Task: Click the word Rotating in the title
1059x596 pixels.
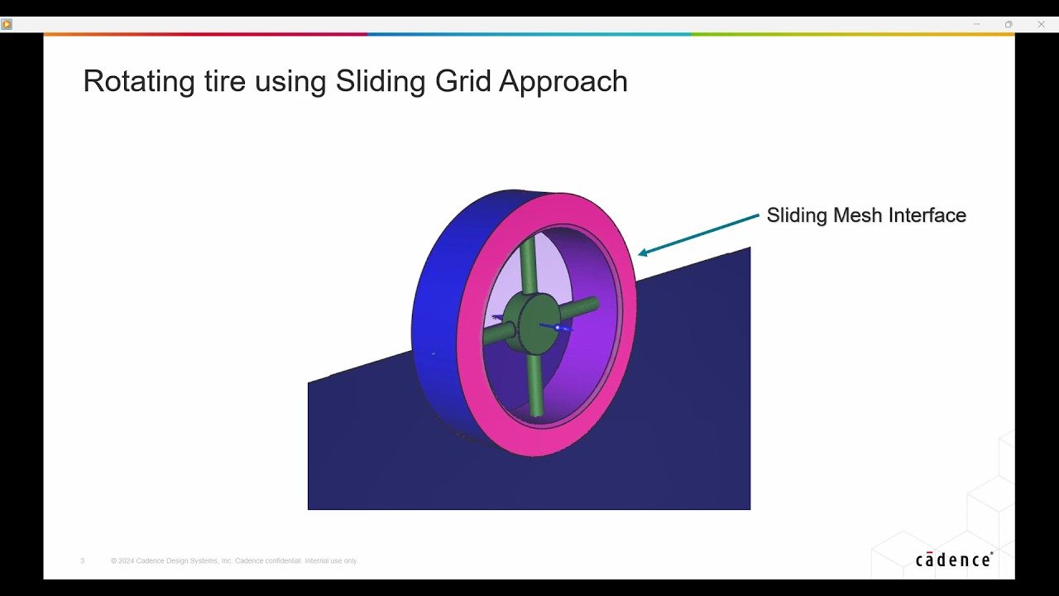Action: pos(139,82)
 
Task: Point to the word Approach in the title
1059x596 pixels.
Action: pos(563,82)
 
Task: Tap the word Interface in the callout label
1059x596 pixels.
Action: pos(927,215)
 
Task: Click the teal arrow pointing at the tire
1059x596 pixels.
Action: pos(699,235)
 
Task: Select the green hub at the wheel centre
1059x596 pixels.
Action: pos(531,324)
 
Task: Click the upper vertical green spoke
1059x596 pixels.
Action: pos(528,265)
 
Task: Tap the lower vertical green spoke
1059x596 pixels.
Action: pos(534,385)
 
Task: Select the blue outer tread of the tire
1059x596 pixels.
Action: pos(442,312)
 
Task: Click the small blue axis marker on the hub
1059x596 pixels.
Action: pos(557,327)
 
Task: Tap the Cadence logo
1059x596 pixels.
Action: pos(954,560)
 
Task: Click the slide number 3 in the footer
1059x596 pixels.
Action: pos(82,561)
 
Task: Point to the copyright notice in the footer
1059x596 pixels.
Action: pos(234,561)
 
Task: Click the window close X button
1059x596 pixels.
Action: pos(1041,24)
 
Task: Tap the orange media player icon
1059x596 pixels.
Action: pos(7,24)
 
